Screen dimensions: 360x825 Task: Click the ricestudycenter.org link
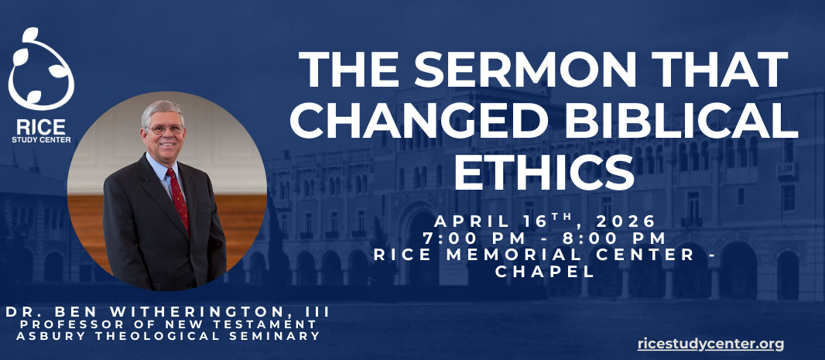pos(711,344)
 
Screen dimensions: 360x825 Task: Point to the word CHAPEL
pos(546,271)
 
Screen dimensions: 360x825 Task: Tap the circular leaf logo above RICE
pos(40,70)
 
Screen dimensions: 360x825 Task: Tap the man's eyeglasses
pos(165,129)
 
